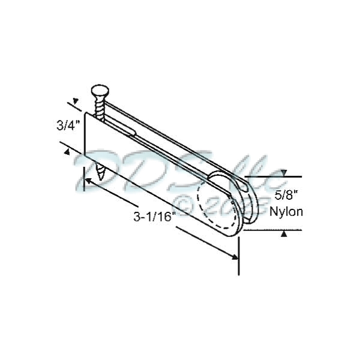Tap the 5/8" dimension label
286,195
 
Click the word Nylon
286,211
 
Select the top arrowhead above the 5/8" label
284,173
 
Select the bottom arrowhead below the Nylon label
284,233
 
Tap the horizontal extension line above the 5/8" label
276,176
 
